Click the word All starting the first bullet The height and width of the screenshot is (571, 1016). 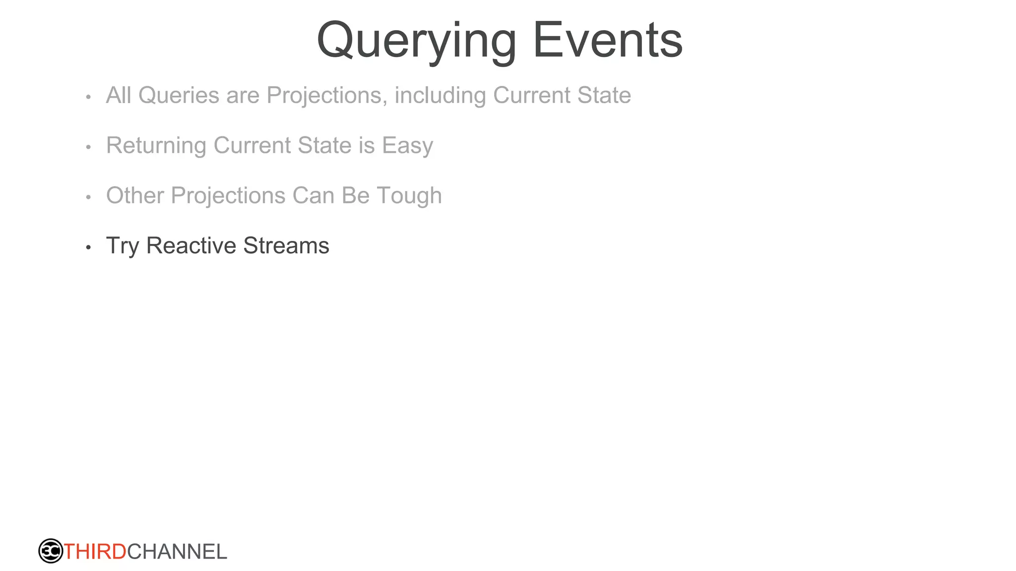point(119,95)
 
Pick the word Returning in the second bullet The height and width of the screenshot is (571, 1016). point(156,145)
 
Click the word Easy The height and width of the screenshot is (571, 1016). point(407,146)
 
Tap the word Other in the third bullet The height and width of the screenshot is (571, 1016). point(135,195)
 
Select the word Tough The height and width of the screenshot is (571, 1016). point(409,196)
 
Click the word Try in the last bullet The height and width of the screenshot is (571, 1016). point(123,246)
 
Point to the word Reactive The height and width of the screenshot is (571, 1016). point(191,245)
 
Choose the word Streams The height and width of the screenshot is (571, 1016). point(286,245)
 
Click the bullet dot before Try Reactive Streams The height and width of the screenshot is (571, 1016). point(88,247)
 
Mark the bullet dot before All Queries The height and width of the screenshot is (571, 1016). point(88,97)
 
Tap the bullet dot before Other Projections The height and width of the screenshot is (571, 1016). point(88,197)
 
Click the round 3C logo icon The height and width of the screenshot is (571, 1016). point(51,551)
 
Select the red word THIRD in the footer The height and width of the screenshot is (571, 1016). point(95,552)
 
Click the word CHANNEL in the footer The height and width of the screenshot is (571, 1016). point(177,552)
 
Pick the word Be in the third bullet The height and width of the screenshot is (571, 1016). point(356,195)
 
